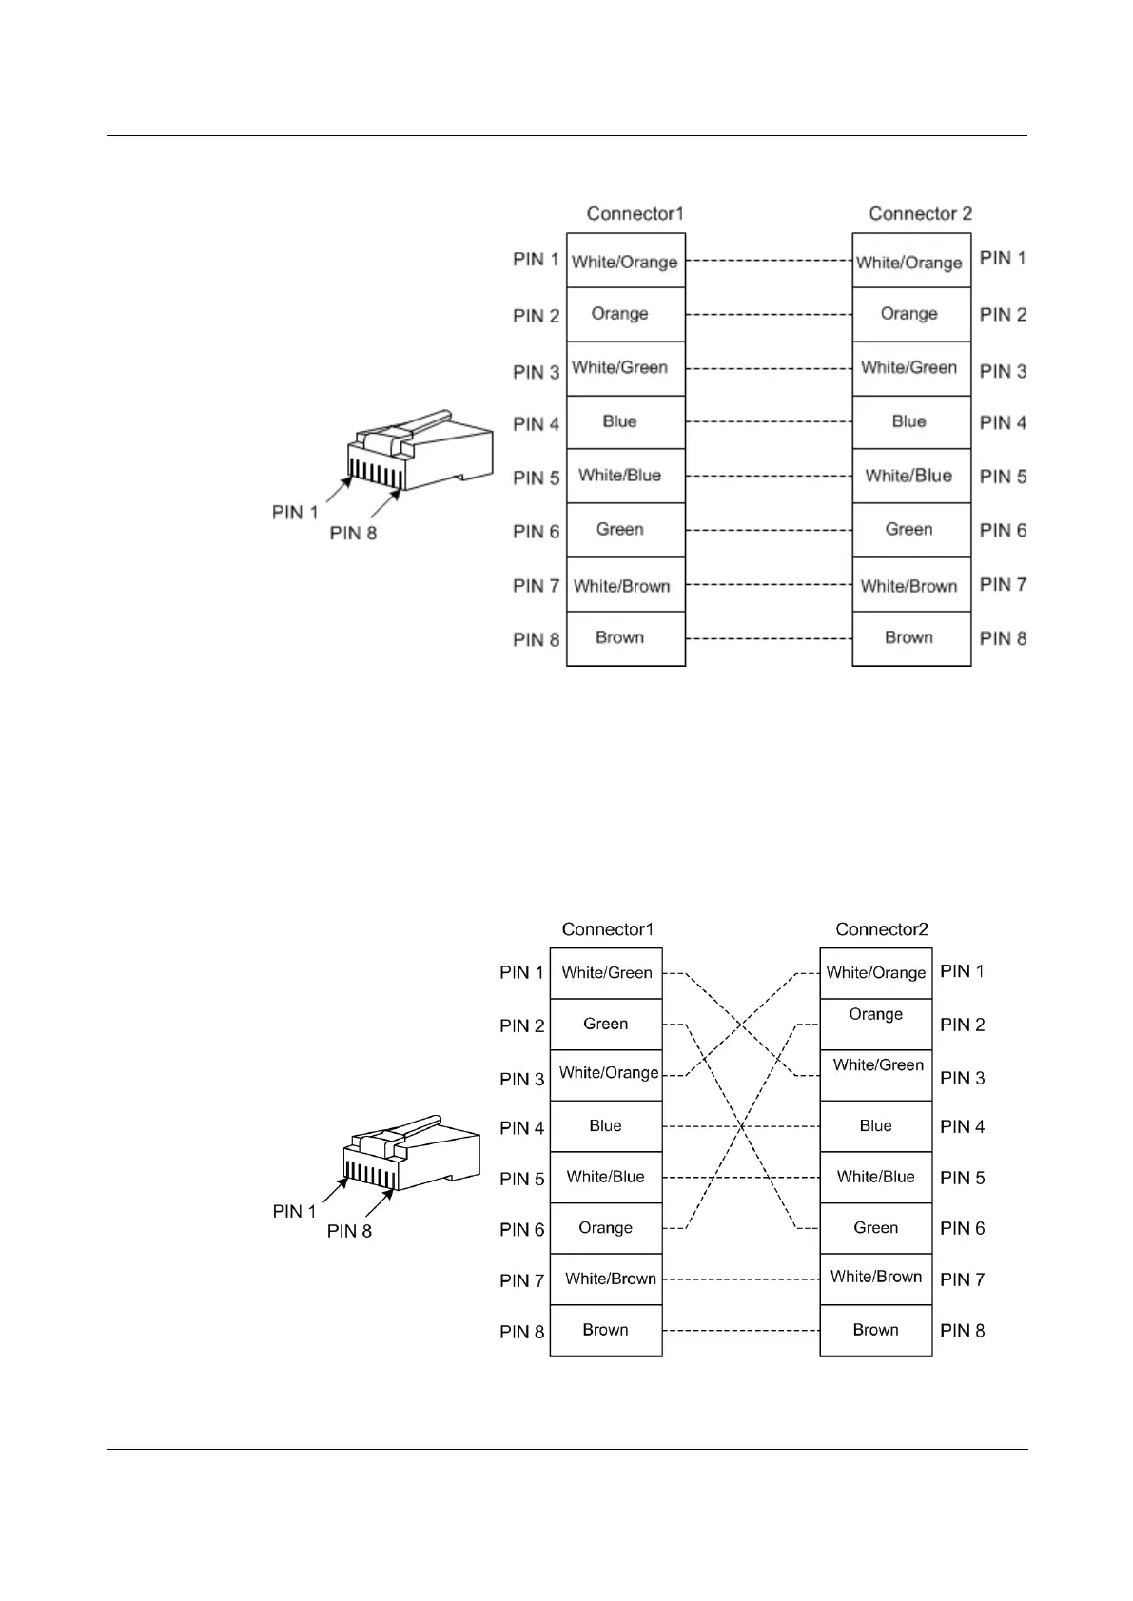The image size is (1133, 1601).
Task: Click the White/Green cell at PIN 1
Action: tap(606, 973)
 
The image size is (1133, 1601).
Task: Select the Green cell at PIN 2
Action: tap(606, 1025)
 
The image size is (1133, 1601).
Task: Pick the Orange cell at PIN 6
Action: tap(605, 1228)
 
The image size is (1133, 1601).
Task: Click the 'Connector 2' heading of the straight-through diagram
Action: tap(920, 214)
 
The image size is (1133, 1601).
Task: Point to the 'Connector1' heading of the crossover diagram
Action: tap(608, 929)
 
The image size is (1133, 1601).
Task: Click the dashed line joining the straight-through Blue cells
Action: tap(768, 421)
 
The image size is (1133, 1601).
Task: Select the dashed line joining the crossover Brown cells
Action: tap(740, 1330)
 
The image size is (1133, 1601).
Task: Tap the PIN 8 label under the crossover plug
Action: tap(349, 1232)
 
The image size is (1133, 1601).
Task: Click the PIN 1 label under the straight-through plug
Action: tap(295, 513)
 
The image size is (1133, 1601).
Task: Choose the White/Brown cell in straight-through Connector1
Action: tap(622, 586)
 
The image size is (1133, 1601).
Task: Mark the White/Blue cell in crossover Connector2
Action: tap(875, 1178)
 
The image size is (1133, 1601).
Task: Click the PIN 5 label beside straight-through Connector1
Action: tap(537, 478)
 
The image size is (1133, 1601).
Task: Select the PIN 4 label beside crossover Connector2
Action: tap(963, 1127)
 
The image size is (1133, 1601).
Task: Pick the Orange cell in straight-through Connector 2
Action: tap(909, 314)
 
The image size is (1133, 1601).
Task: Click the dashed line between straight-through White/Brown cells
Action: tap(768, 584)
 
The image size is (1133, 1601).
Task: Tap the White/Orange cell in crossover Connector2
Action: tap(875, 973)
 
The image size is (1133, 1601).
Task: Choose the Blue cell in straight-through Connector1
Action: tap(620, 421)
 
